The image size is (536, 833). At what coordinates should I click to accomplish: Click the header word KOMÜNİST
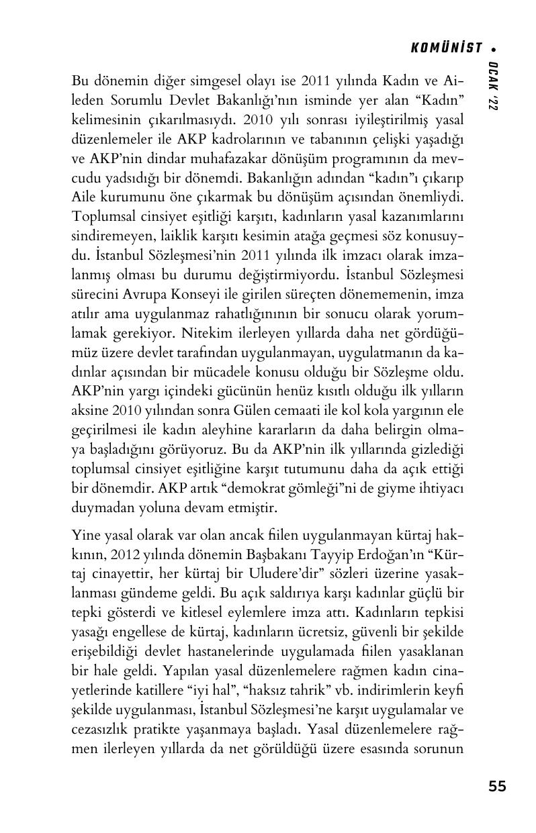point(447,48)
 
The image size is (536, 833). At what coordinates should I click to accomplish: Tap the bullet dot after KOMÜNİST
point(494,48)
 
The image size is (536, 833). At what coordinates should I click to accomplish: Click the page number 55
point(497,787)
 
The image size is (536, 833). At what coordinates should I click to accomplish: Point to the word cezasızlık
point(102,728)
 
